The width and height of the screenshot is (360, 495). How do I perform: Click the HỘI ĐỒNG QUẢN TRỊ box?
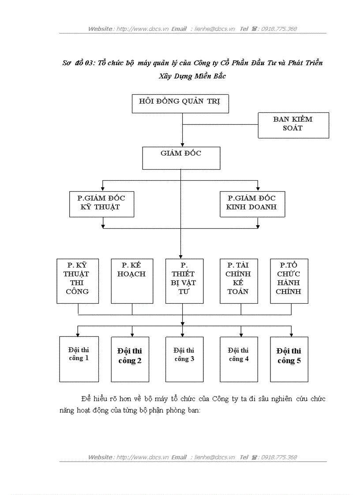click(181, 104)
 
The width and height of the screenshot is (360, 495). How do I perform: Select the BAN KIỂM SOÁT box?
click(293, 125)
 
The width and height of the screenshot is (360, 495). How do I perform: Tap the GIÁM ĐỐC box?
click(181, 158)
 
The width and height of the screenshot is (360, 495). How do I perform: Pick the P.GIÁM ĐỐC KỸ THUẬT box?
click(101, 204)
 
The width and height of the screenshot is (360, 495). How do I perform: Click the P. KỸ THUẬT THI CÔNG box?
click(77, 281)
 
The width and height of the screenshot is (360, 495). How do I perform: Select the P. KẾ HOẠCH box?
click(132, 281)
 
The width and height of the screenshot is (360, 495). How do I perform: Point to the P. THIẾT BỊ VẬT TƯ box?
click(184, 281)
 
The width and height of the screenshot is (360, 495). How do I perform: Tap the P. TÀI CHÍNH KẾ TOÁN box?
click(239, 281)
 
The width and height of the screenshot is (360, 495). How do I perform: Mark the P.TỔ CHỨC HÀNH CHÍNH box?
click(289, 281)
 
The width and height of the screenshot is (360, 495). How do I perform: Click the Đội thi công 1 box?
click(79, 359)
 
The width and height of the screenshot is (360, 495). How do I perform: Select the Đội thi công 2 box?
click(130, 359)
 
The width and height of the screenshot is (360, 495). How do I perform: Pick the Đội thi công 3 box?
click(184, 359)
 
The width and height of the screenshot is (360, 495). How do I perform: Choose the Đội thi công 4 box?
click(239, 359)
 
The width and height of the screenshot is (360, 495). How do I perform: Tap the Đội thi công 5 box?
click(289, 359)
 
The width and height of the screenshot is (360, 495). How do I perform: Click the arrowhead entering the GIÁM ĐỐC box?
click(183, 145)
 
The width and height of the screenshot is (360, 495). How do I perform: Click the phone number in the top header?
click(279, 29)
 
